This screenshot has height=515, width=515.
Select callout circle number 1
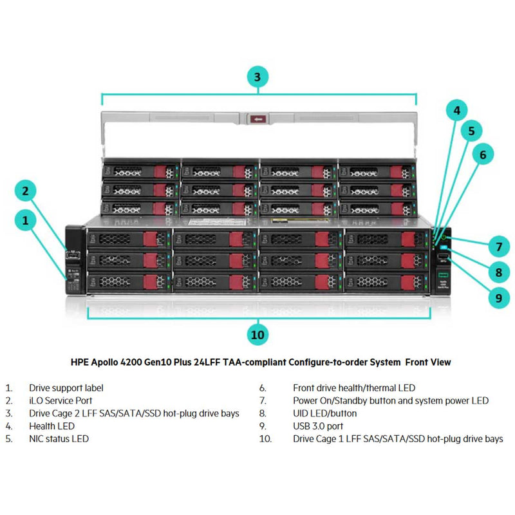tap(26, 221)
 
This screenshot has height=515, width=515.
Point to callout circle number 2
tap(26, 191)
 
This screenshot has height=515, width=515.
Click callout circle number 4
tap(457, 110)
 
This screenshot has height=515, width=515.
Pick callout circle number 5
tap(471, 131)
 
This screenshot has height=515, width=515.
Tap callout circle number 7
tap(498, 246)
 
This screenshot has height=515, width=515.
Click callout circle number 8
tap(498, 272)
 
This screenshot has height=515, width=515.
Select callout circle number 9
tap(498, 297)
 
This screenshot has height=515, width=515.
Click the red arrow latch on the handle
tap(259, 119)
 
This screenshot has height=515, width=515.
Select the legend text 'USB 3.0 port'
tap(318, 426)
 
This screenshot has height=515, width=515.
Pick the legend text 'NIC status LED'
tap(59, 439)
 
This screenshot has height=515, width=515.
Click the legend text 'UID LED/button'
tap(324, 413)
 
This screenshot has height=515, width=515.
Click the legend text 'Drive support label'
tap(66, 388)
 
